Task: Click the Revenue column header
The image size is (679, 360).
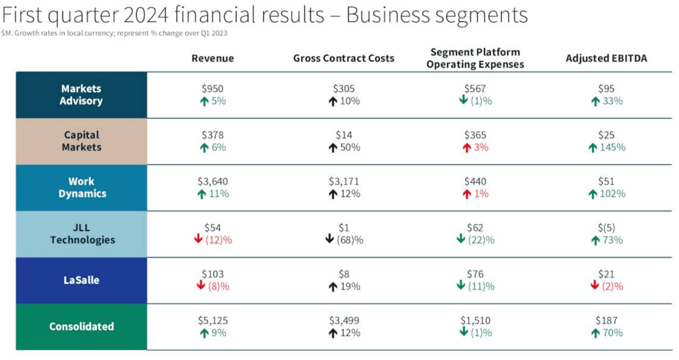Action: coord(212,58)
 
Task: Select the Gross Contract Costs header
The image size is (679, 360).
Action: coord(343,58)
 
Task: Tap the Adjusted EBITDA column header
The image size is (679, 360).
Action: coord(606,58)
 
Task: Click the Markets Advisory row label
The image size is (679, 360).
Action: coord(81,95)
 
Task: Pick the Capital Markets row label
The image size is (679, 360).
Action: coord(81,141)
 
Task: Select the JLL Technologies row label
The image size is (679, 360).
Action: coord(82,234)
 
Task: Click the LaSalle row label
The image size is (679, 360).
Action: coord(81,280)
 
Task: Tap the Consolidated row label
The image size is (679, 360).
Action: coord(81,327)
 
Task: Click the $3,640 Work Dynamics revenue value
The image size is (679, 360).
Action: coord(213,181)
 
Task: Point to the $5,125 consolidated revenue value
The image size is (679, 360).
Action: coord(213,320)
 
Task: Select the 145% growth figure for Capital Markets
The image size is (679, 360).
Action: coord(613,147)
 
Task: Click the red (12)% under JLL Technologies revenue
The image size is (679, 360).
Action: coord(219,240)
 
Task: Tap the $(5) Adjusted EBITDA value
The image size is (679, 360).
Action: coord(606,228)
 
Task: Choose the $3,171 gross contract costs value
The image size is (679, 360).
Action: coord(344,181)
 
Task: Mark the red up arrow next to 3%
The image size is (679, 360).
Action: coord(467,148)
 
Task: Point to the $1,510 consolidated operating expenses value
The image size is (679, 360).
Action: coord(475,320)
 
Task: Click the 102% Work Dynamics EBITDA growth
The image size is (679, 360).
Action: coord(613,194)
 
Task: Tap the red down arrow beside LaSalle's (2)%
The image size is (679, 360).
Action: coord(595,286)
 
